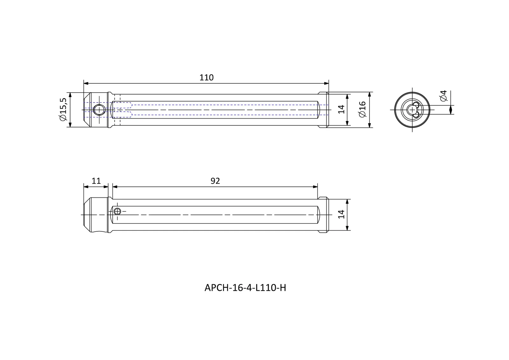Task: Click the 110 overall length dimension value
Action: [x=206, y=78]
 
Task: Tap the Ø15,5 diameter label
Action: [x=63, y=109]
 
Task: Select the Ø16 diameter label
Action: [x=362, y=109]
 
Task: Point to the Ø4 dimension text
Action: [x=443, y=96]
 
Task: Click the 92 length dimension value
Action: [x=215, y=181]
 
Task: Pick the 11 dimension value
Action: [x=96, y=181]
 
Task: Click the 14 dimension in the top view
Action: [x=341, y=109]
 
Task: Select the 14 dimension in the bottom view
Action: [x=341, y=215]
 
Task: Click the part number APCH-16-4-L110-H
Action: [x=245, y=288]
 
